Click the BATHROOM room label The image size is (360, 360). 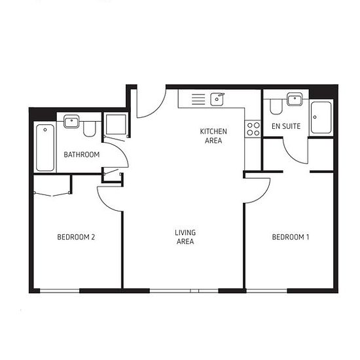(x=82, y=154)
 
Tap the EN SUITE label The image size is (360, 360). (x=286, y=126)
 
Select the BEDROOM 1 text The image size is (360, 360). (x=291, y=237)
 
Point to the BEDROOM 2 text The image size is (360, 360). (x=76, y=237)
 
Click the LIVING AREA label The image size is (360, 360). (x=185, y=237)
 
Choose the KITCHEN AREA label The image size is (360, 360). (x=213, y=136)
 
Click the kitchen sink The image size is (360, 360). (x=217, y=99)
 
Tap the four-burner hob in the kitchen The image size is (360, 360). (x=253, y=129)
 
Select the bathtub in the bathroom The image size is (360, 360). (x=45, y=148)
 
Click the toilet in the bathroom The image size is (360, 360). (x=89, y=129)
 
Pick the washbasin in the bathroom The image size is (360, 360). (x=71, y=122)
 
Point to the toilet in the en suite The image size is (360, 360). (x=276, y=107)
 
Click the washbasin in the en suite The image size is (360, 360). (x=295, y=99)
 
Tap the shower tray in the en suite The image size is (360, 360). (x=321, y=117)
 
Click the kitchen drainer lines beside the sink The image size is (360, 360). (x=198, y=99)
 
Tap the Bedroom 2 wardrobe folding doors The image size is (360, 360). (x=52, y=194)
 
